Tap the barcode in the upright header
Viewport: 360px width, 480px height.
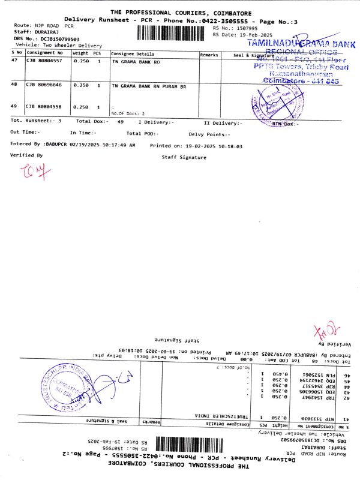click(x=174, y=31)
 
